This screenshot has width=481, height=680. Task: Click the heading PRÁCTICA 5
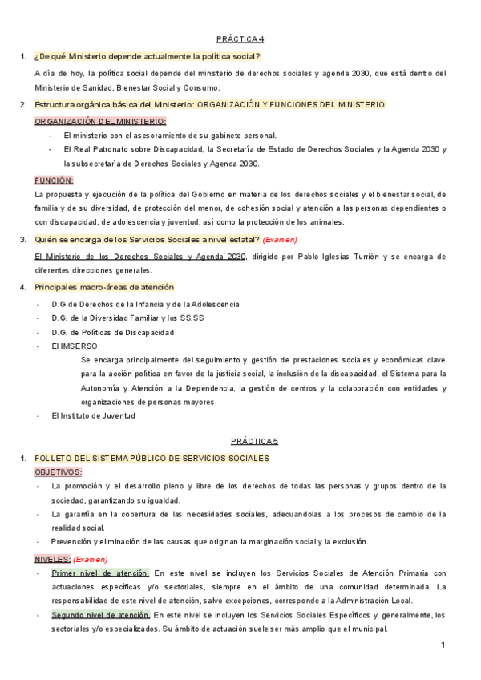(x=254, y=441)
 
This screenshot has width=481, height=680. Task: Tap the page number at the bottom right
(x=443, y=646)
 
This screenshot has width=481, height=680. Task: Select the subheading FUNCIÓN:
(x=54, y=180)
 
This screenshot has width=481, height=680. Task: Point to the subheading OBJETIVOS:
(x=59, y=472)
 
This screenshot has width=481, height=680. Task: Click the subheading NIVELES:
(x=52, y=559)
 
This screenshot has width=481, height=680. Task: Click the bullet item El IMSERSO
(x=74, y=346)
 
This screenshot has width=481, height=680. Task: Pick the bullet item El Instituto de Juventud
(x=93, y=415)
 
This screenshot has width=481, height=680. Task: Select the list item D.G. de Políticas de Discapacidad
(x=112, y=332)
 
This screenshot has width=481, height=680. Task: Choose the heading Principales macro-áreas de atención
(x=104, y=287)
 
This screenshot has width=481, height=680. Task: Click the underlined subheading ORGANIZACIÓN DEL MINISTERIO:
(x=100, y=121)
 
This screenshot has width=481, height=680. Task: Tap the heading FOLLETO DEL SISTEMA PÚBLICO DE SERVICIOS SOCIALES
(x=152, y=458)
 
